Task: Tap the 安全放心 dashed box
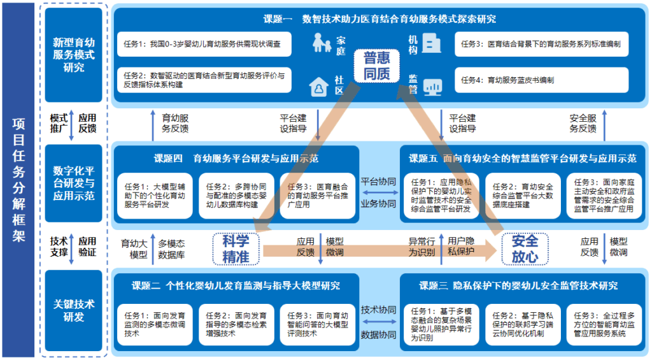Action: coord(525,248)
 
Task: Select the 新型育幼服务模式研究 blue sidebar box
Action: coord(74,54)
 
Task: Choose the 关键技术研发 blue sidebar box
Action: coord(74,310)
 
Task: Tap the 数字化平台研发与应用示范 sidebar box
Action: coord(74,184)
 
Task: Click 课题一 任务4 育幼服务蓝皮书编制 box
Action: coord(541,80)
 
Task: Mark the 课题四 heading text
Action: coord(236,158)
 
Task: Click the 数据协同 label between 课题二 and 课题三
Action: coord(378,333)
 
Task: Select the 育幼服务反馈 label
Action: coord(175,123)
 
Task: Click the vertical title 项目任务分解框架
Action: coord(18,180)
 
